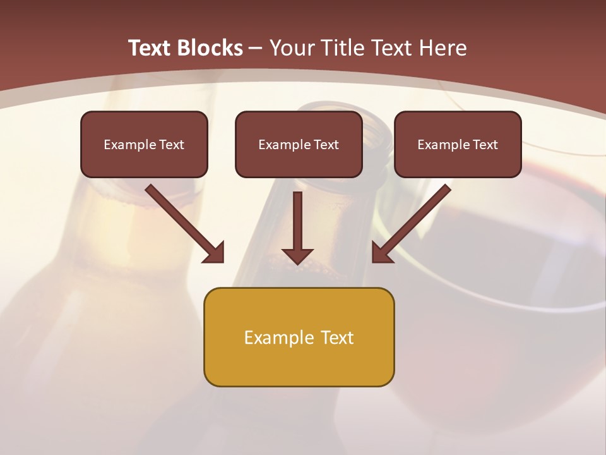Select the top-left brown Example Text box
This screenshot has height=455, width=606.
(144, 144)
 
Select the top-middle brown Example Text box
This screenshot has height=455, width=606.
(299, 144)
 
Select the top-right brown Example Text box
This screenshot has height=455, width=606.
(458, 144)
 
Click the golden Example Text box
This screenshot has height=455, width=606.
(299, 337)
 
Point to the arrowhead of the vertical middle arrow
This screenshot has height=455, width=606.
(297, 255)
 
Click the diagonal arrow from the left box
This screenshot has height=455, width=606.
(184, 222)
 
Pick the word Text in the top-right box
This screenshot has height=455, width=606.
(485, 145)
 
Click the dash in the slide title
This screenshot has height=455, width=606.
(256, 48)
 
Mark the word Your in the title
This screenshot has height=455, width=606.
(291, 48)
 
